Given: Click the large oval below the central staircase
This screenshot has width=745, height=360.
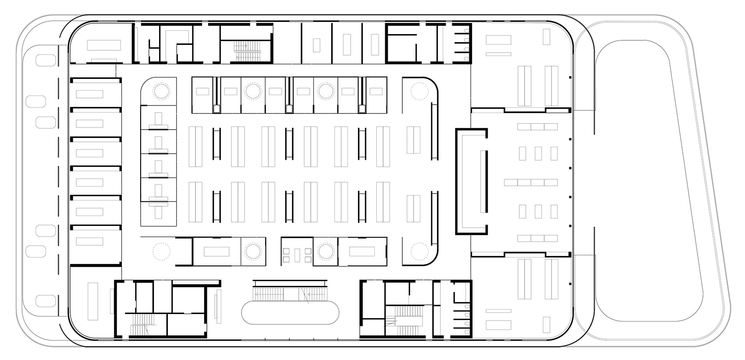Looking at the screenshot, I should (291, 312).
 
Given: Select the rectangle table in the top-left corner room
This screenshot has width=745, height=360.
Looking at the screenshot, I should (103, 45).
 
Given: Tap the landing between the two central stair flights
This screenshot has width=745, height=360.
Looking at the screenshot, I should (290, 293).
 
